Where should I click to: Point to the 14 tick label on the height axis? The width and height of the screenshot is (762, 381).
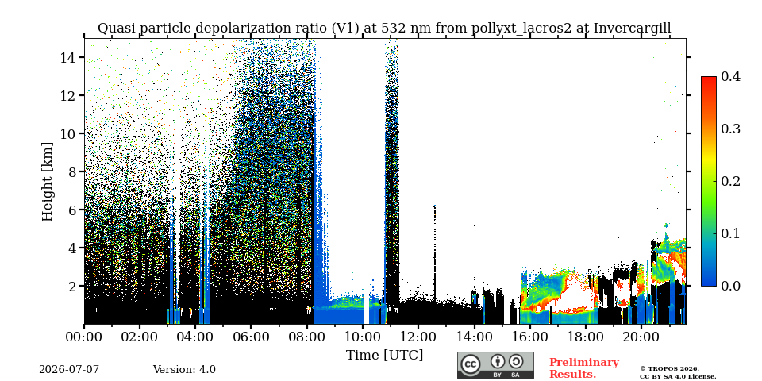pyautogui.click(x=67, y=57)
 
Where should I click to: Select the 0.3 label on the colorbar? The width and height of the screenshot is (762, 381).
pyautogui.click(x=730, y=129)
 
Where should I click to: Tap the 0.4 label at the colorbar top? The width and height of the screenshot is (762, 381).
pyautogui.click(x=730, y=76)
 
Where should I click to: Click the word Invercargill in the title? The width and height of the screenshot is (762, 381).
pyautogui.click(x=633, y=29)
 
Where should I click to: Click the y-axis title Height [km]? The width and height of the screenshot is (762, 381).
pyautogui.click(x=47, y=182)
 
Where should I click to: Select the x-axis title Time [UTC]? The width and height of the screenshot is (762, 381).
pyautogui.click(x=384, y=356)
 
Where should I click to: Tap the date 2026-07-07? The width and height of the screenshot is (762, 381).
pyautogui.click(x=69, y=370)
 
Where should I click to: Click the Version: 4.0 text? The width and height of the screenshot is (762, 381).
pyautogui.click(x=184, y=370)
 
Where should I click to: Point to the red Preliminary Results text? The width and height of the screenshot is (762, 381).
pyautogui.click(x=584, y=368)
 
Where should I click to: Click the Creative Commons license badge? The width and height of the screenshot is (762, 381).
pyautogui.click(x=495, y=365)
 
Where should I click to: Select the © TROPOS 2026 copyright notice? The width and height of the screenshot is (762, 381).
pyautogui.click(x=669, y=369)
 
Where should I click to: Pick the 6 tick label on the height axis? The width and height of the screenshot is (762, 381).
pyautogui.click(x=72, y=210)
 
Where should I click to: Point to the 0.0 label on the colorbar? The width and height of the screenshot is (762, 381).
pyautogui.click(x=730, y=286)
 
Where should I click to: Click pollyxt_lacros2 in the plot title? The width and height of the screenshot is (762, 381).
pyautogui.click(x=522, y=29)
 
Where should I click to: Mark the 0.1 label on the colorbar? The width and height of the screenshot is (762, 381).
pyautogui.click(x=730, y=233)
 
